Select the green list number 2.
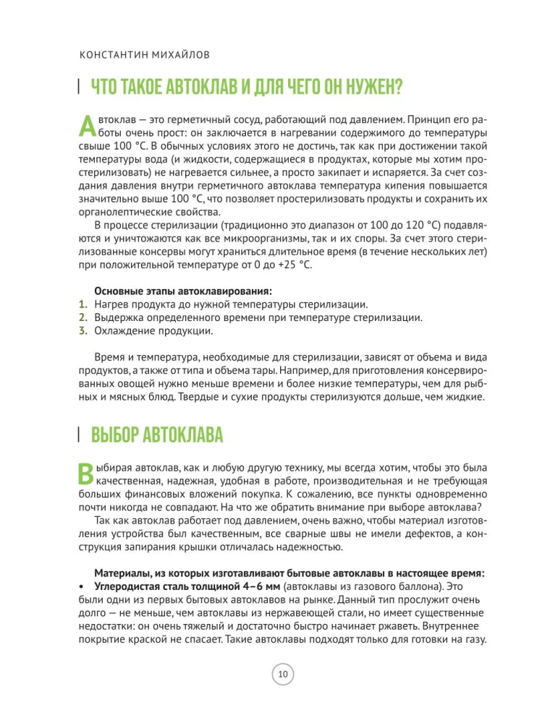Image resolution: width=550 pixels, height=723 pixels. [82, 318]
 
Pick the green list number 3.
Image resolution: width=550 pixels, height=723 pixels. [82, 332]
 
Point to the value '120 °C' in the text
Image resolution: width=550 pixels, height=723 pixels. [390, 226]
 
